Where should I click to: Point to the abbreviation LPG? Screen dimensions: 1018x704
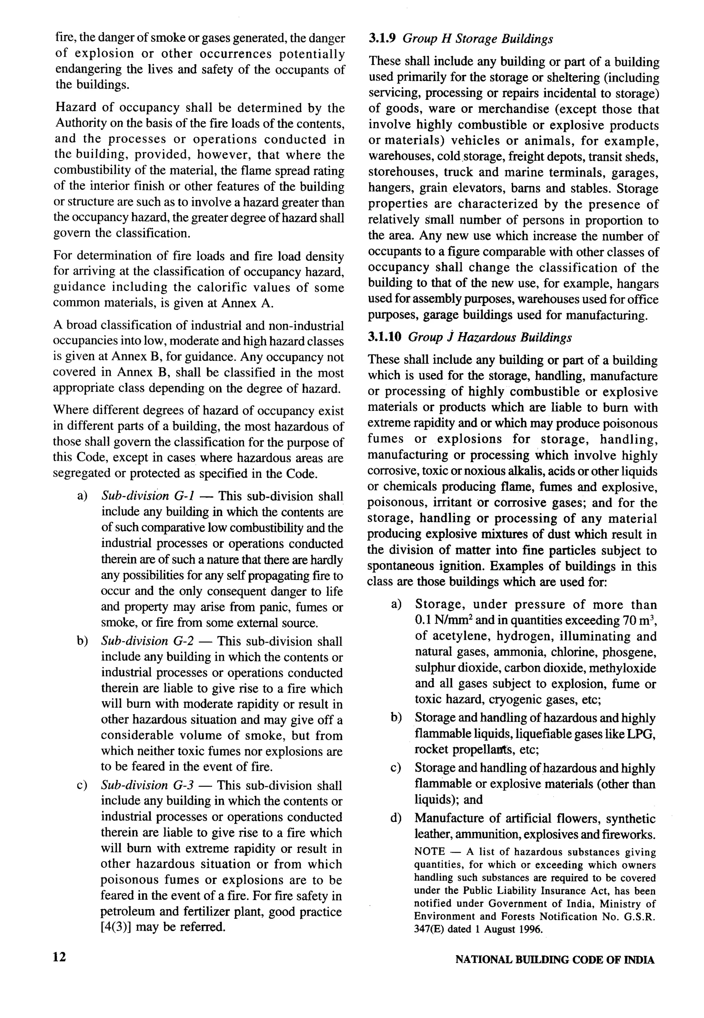641,734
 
